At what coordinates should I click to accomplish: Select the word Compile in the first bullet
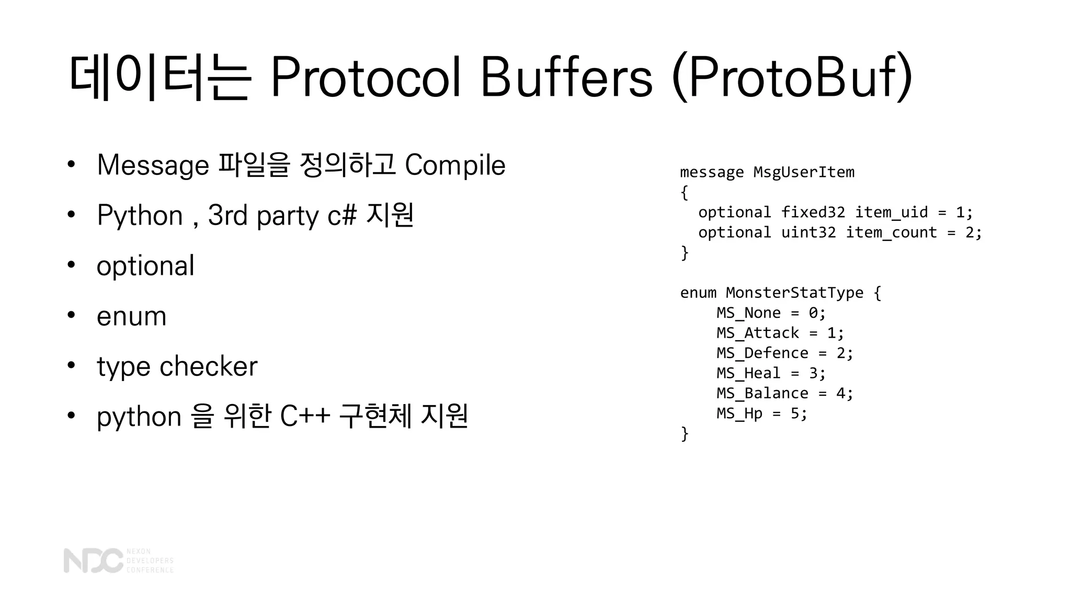(455, 165)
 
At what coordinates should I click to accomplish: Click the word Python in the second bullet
(140, 216)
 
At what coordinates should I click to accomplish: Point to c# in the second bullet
(342, 216)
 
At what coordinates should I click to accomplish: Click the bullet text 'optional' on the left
(145, 266)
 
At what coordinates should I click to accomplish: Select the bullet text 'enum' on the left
(131, 316)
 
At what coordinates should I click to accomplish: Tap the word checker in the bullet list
(208, 366)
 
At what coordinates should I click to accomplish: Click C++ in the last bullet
(305, 417)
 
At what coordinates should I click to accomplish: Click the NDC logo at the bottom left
(93, 561)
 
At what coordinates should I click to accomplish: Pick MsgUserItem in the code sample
(804, 172)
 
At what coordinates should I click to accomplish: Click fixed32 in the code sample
(813, 213)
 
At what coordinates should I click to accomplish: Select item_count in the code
(891, 232)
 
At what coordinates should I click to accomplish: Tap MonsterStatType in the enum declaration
(794, 293)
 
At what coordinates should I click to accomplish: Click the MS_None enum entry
(748, 313)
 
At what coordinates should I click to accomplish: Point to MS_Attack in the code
(758, 333)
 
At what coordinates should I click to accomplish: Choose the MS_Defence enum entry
(762, 353)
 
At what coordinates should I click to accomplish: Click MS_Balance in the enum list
(762, 394)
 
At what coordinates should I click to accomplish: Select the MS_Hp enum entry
(739, 414)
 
